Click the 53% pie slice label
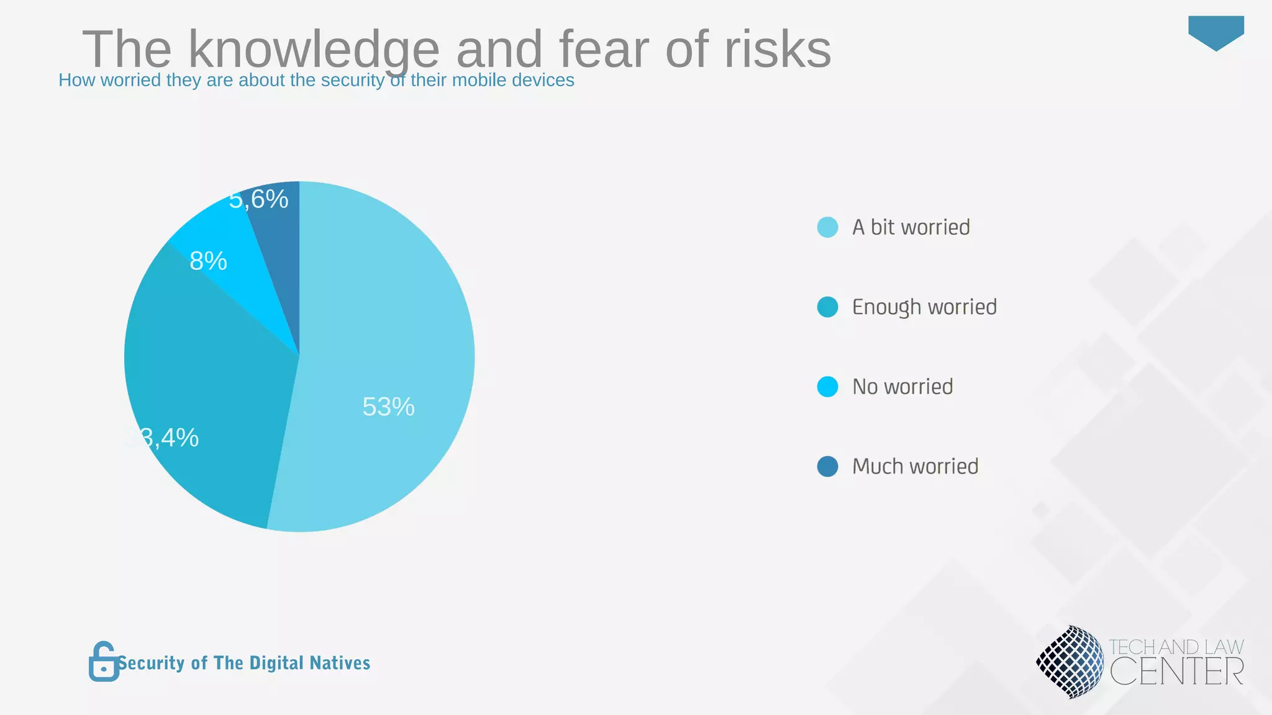[388, 407]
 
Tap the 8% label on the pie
[208, 261]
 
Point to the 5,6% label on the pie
[258, 199]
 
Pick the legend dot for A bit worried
[827, 227]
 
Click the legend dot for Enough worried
[827, 307]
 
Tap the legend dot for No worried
[827, 387]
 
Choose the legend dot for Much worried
[827, 466]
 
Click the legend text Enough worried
[924, 307]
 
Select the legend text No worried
[902, 387]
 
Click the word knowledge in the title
[314, 50]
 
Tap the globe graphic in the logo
[1070, 662]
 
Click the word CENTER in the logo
[1176, 672]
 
